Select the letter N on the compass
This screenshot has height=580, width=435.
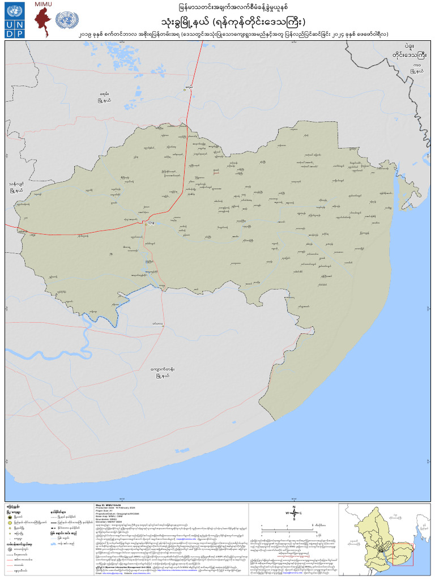point(293,506)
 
